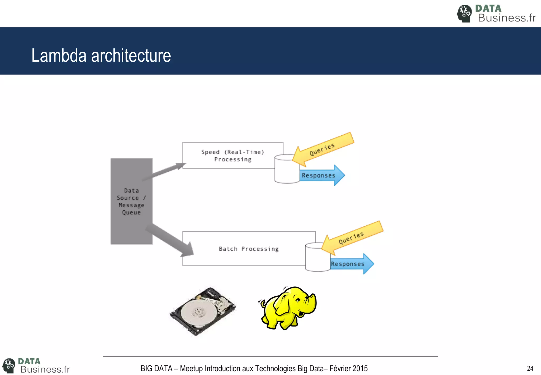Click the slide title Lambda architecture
(101, 56)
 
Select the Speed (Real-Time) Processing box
(232, 156)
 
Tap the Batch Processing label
(249, 249)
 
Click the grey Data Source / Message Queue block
(131, 202)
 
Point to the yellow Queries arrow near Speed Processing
(324, 149)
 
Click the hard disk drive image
(203, 312)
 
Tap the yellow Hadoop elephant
(287, 308)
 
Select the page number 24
(530, 368)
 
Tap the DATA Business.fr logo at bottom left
(36, 365)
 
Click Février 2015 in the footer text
(348, 368)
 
